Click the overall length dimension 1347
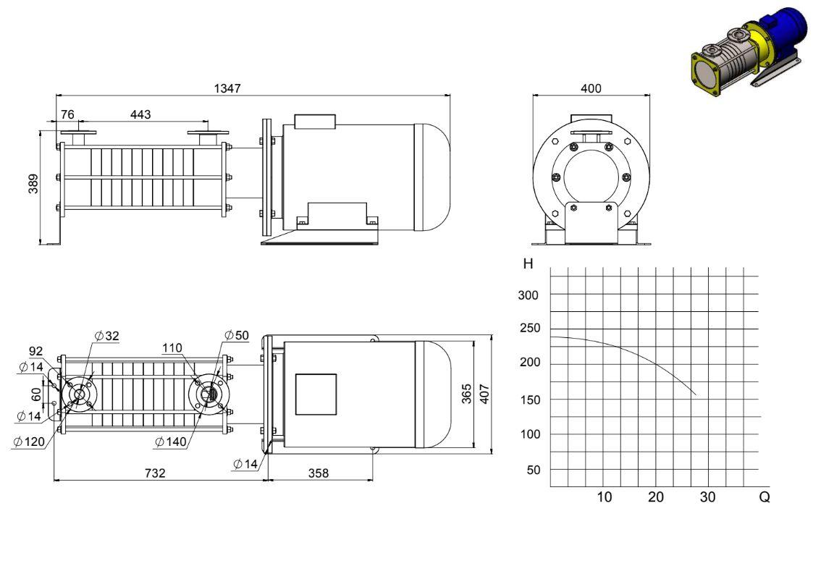tap(227, 88)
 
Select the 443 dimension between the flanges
tap(140, 114)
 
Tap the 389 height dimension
tap(33, 184)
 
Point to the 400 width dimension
tap(591, 88)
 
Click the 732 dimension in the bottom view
tap(155, 473)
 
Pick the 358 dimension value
tap(319, 473)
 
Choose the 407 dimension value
tap(484, 394)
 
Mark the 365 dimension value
tap(467, 394)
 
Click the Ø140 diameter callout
tap(171, 442)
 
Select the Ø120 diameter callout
tap(30, 442)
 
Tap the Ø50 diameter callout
tap(237, 335)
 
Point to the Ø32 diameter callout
tap(107, 336)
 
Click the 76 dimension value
tap(67, 114)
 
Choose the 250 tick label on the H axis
tap(530, 328)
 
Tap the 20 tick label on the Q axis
tap(656, 497)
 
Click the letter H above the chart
tap(528, 264)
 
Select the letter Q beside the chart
tap(764, 497)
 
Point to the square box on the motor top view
tap(316, 394)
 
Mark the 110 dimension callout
tap(172, 348)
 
